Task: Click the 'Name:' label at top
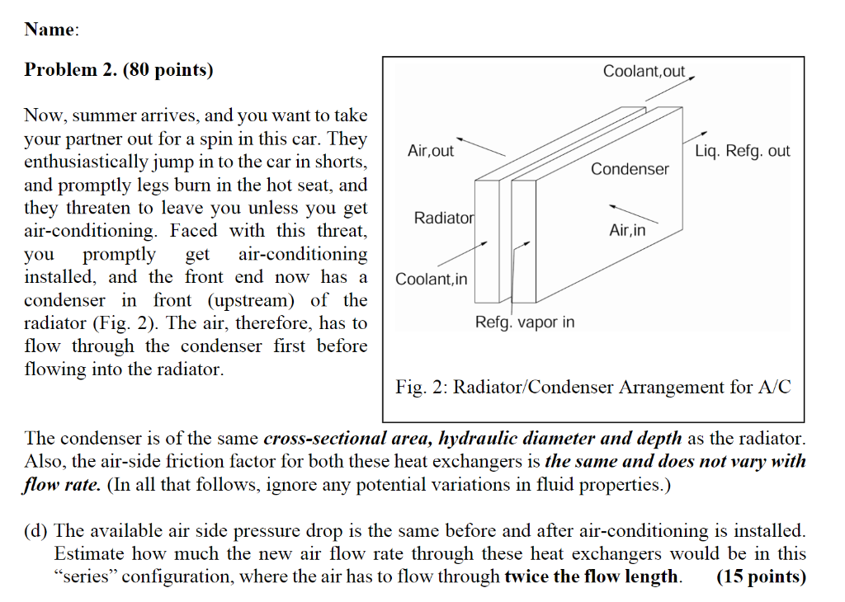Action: pyautogui.click(x=52, y=30)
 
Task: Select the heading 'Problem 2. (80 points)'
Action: pyautogui.click(x=119, y=70)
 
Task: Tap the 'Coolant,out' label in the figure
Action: pyautogui.click(x=644, y=72)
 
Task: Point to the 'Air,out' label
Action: pyautogui.click(x=431, y=151)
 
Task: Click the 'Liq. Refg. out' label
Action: pyautogui.click(x=742, y=151)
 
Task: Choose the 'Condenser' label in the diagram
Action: pyautogui.click(x=630, y=169)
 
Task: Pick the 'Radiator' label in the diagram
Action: pyautogui.click(x=444, y=218)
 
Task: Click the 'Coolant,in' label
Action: pyautogui.click(x=431, y=279)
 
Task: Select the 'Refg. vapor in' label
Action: pyautogui.click(x=525, y=322)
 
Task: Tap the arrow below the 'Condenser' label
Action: pyautogui.click(x=634, y=213)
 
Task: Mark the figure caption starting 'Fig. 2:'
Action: pyautogui.click(x=592, y=387)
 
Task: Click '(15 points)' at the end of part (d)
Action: pyautogui.click(x=761, y=576)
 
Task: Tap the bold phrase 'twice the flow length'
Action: pyautogui.click(x=592, y=576)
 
